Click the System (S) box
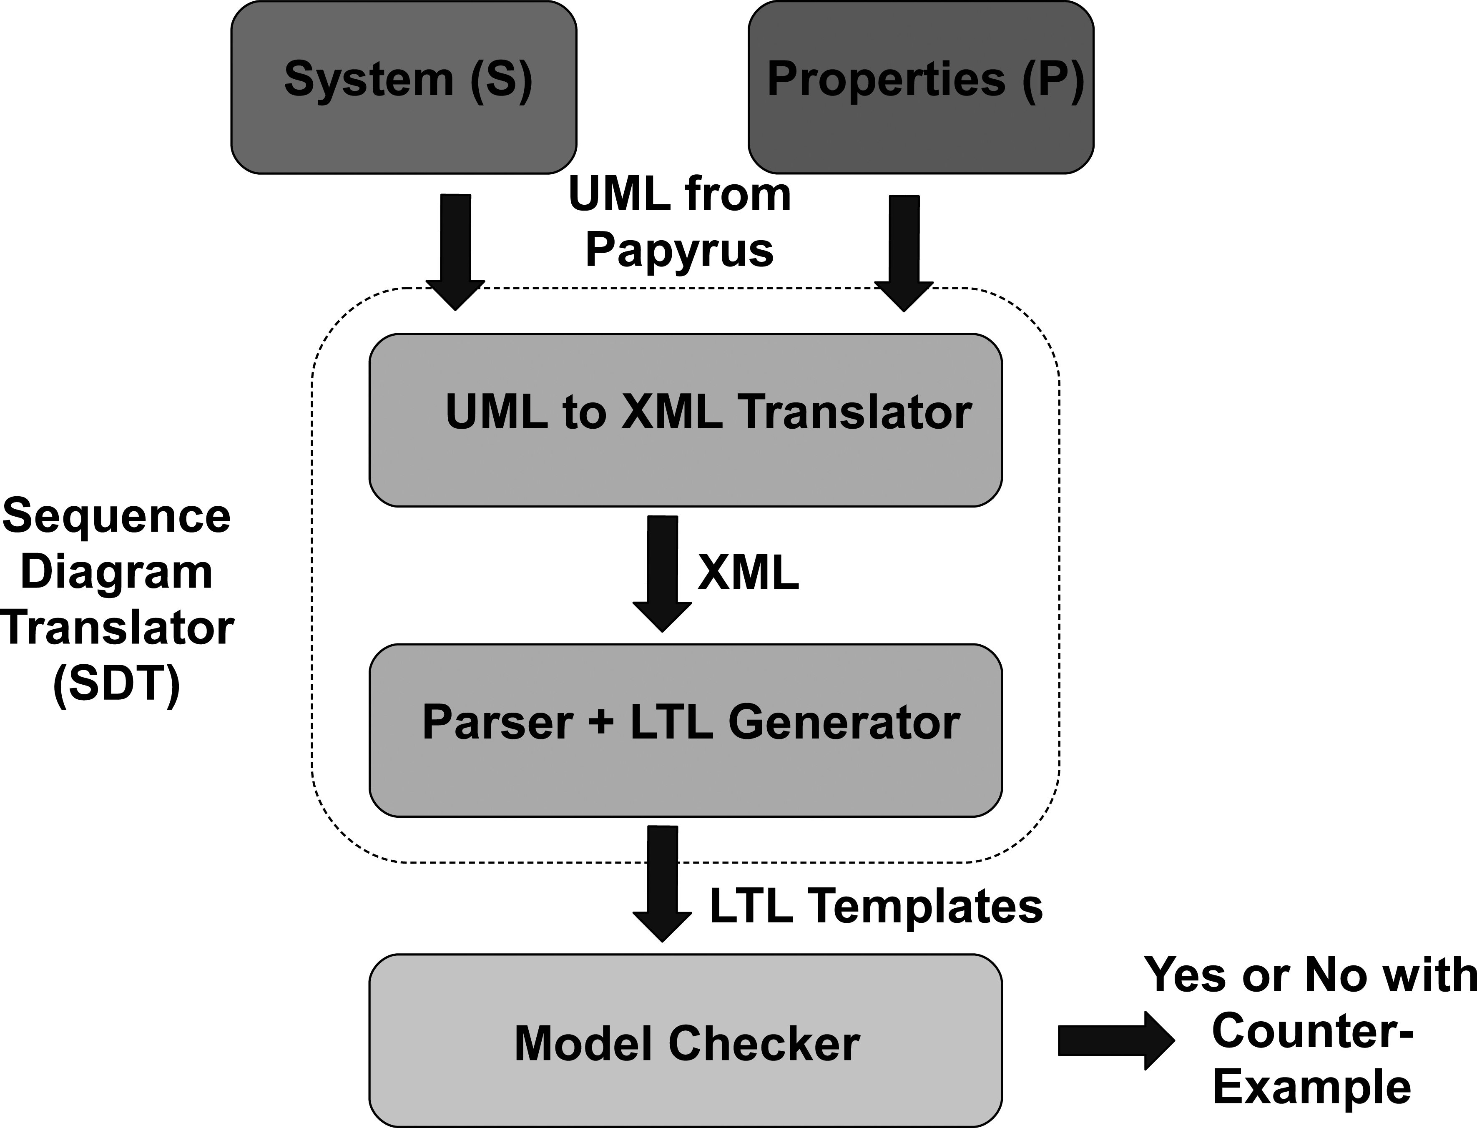click(x=404, y=87)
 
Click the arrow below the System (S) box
click(x=456, y=252)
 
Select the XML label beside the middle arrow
click(x=748, y=573)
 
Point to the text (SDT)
click(x=117, y=684)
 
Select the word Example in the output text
click(x=1313, y=1087)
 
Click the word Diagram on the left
click(x=117, y=572)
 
